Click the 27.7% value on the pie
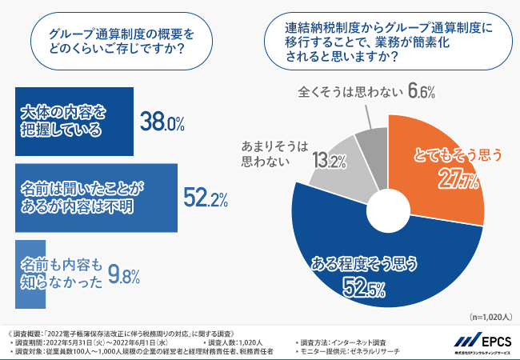(458, 180)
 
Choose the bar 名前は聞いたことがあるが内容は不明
(94, 197)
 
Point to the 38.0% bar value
(162, 122)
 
